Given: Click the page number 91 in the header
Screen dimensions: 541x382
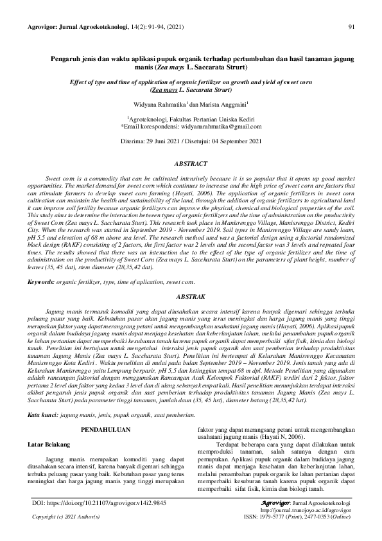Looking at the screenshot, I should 351,27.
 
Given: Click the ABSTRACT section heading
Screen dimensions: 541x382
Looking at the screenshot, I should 191,164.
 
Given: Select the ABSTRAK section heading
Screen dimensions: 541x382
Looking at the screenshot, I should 191,297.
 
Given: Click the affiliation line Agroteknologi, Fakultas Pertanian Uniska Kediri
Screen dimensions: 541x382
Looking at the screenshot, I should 191,119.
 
